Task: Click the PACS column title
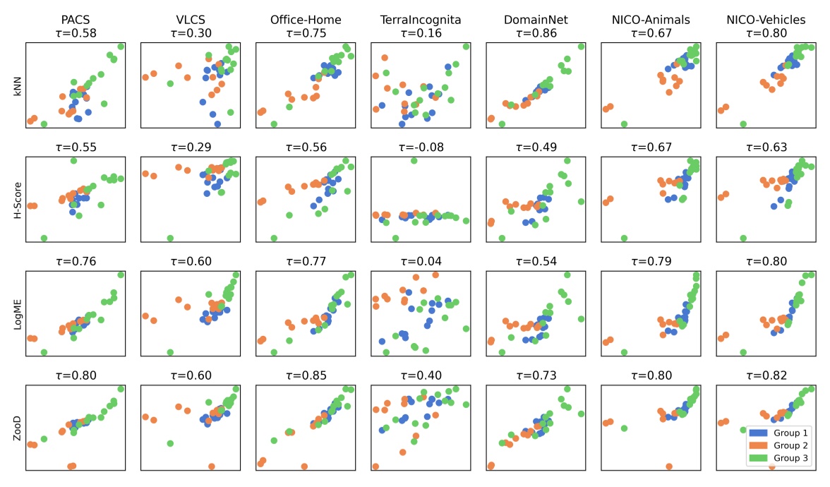coord(76,20)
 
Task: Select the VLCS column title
coord(191,20)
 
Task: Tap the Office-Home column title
coord(306,20)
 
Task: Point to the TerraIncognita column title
coord(421,20)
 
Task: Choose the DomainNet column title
coord(536,20)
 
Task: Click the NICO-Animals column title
coord(650,20)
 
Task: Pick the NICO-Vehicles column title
coord(766,20)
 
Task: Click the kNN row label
coord(18,85)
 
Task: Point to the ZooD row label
coord(18,429)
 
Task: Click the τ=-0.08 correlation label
coord(421,147)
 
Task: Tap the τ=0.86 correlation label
coord(536,32)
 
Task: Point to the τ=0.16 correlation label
coord(421,32)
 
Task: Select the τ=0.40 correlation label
coord(421,375)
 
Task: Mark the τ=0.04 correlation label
coord(421,261)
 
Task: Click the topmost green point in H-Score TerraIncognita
coord(414,161)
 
